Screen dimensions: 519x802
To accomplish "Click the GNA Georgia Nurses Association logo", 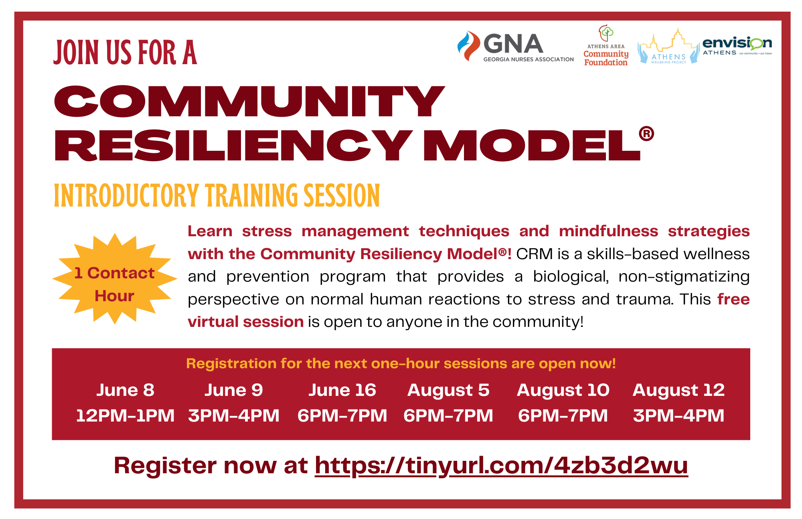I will [x=515, y=47].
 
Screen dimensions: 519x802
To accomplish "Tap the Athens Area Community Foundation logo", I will [x=606, y=46].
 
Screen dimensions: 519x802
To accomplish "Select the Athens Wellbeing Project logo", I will [x=668, y=48].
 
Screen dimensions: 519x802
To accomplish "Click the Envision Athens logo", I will [x=737, y=45].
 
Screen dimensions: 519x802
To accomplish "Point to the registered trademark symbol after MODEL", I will [x=646, y=134].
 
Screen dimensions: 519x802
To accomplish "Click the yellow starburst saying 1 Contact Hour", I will [x=115, y=279].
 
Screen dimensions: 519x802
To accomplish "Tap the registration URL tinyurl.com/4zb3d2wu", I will [x=501, y=466].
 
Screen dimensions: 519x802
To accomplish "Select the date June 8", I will [x=125, y=390].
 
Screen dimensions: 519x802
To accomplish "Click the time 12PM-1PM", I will [x=125, y=416].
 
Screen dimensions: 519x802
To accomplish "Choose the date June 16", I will [x=342, y=390].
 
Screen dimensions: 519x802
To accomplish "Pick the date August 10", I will [x=563, y=390].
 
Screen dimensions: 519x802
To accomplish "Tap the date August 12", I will [x=678, y=390].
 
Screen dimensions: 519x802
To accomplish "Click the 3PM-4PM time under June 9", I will [x=234, y=416].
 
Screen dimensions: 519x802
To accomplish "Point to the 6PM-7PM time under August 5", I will [x=448, y=416].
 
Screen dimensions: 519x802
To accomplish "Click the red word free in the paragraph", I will [x=733, y=299].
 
